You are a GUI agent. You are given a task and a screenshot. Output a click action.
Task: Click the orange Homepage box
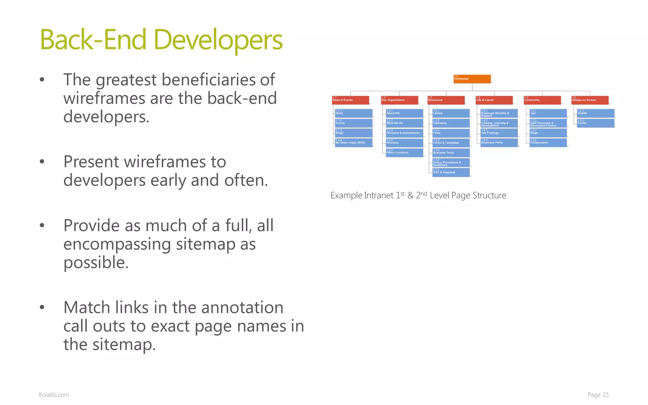(x=472, y=79)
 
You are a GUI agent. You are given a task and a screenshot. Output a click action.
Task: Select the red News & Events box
(x=351, y=100)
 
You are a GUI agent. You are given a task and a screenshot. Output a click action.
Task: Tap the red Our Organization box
(x=399, y=100)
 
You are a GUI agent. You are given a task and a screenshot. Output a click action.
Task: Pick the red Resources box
(x=446, y=100)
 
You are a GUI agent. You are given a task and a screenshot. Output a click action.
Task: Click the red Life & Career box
(x=494, y=100)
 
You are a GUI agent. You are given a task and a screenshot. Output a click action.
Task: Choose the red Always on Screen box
(x=590, y=100)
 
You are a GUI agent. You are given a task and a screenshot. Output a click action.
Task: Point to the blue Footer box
(x=596, y=123)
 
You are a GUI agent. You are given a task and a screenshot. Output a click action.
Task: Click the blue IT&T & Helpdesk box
(x=451, y=172)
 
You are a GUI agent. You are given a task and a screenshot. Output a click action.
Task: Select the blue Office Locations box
(x=404, y=153)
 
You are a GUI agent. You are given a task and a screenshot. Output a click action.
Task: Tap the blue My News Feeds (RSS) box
(x=353, y=142)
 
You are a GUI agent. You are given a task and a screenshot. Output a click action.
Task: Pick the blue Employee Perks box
(x=499, y=142)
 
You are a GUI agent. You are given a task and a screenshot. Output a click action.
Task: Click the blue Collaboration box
(x=548, y=142)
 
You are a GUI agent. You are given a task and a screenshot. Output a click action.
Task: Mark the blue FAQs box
(x=451, y=133)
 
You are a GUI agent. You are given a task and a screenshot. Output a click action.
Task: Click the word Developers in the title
(x=218, y=40)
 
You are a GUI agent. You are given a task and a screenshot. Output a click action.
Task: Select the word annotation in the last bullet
(x=242, y=308)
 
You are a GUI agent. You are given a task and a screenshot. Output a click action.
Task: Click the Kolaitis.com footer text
(x=54, y=395)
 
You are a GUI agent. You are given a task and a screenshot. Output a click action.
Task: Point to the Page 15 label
(x=598, y=395)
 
